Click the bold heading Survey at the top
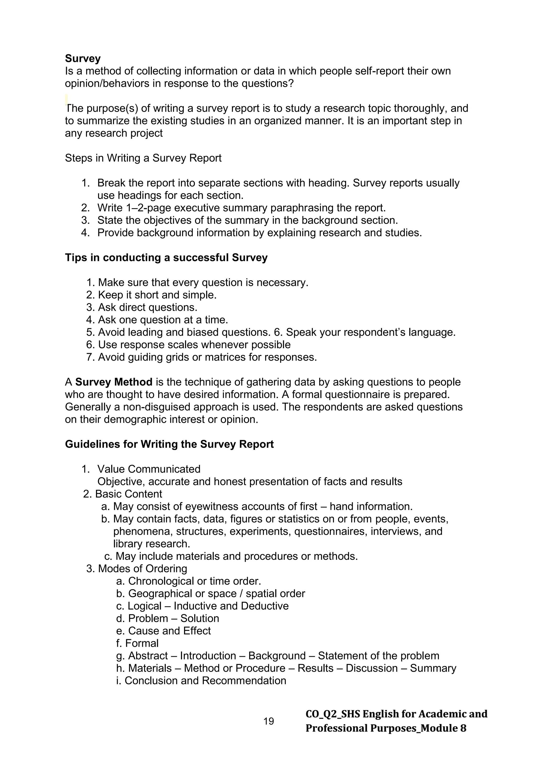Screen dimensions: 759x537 [83, 58]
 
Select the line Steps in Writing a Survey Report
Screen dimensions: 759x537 [143, 158]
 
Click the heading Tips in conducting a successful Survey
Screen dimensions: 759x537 [166, 257]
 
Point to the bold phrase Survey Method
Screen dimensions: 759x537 [114, 382]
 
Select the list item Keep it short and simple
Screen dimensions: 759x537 [157, 295]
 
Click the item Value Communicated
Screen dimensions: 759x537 [149, 469]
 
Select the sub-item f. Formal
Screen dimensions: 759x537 [138, 643]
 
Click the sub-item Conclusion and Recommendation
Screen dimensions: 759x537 [205, 681]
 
